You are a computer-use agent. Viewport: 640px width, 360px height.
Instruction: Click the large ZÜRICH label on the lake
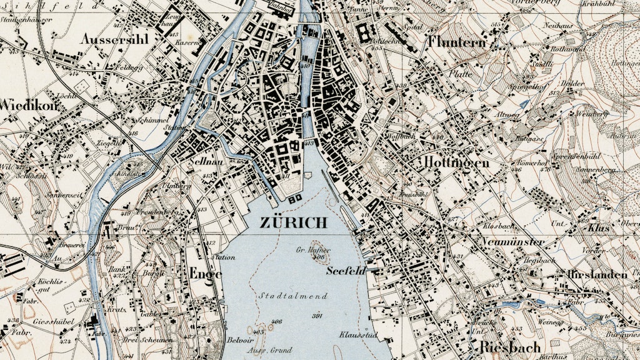pos(293,222)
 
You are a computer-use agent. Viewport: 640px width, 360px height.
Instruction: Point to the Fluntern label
pos(456,42)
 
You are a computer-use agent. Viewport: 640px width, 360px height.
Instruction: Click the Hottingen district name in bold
pos(456,162)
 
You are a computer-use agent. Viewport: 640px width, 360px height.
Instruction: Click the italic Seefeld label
pos(345,271)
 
